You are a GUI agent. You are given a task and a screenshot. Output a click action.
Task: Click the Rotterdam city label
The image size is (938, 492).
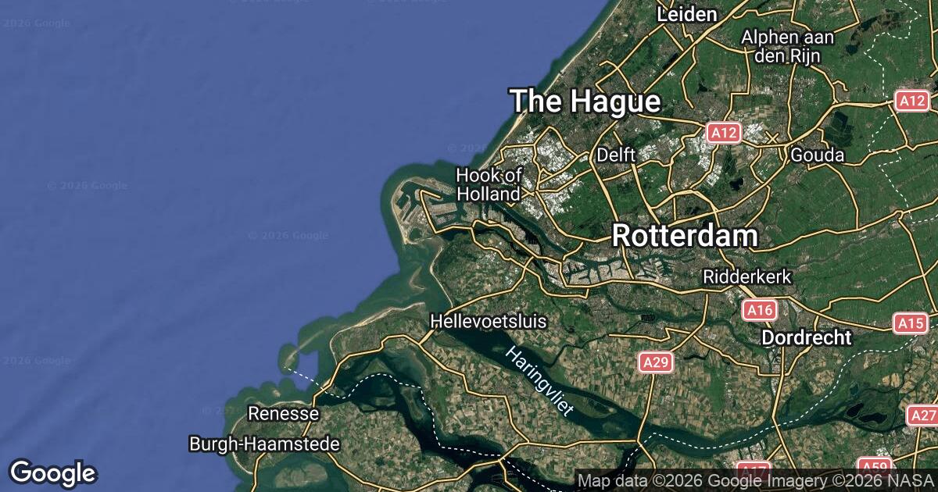pos(685,236)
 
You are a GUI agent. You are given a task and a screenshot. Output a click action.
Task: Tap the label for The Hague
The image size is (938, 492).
pos(585,102)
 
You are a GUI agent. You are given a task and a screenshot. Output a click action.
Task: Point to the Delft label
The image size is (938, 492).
pos(616,155)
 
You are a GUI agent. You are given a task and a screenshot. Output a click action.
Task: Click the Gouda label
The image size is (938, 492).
pos(818,155)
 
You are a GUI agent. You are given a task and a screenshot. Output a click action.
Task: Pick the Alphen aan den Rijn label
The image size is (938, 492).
pos(788,45)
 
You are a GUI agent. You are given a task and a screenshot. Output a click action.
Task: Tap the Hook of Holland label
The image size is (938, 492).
pos(489,184)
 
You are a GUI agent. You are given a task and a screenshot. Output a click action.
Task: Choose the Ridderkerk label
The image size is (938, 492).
pos(748,276)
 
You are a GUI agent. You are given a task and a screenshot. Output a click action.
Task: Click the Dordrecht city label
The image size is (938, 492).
pos(806,337)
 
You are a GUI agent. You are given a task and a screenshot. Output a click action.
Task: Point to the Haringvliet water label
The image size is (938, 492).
pos(539,381)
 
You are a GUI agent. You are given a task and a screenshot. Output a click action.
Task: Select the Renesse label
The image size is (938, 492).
pos(283,413)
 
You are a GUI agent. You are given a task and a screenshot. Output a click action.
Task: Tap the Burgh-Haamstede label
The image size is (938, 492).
pos(264,444)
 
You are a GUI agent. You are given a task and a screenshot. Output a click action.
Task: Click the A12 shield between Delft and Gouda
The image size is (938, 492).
pos(723,134)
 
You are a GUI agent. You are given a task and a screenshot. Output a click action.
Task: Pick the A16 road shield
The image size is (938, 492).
pos(759,311)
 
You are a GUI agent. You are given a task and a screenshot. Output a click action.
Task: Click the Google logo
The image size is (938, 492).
pos(52,472)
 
